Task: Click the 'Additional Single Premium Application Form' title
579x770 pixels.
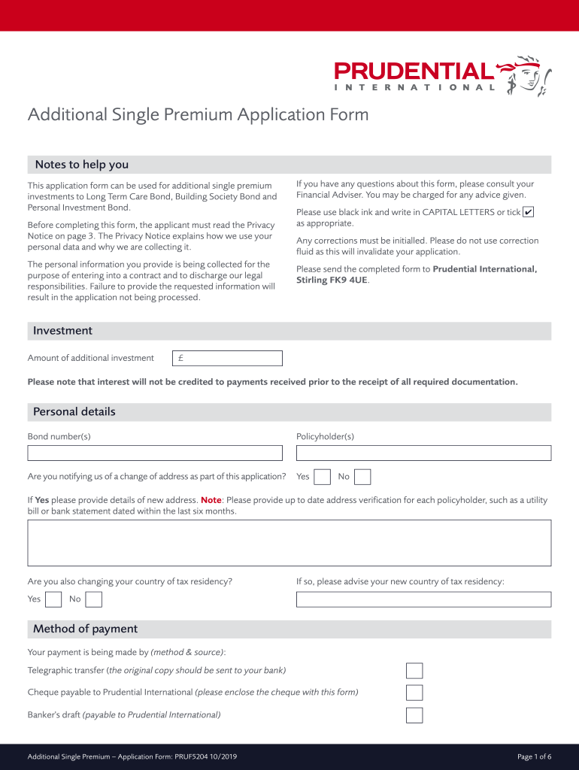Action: click(x=199, y=114)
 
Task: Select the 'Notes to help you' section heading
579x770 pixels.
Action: click(x=82, y=165)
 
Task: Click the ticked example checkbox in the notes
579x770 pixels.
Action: click(x=528, y=213)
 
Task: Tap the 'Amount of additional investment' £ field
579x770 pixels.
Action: click(x=227, y=359)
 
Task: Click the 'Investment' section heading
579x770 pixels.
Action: click(x=62, y=331)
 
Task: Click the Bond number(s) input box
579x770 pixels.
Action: click(x=155, y=453)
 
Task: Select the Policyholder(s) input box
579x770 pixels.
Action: click(x=423, y=453)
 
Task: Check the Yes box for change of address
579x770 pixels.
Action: click(x=322, y=477)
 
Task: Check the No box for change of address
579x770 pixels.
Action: click(x=362, y=477)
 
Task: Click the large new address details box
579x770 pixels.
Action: click(x=289, y=542)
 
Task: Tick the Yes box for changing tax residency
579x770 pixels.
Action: click(x=53, y=599)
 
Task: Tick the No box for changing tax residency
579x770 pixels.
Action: click(x=94, y=599)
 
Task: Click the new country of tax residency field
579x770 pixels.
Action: click(x=423, y=599)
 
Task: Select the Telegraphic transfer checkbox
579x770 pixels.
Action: click(x=414, y=671)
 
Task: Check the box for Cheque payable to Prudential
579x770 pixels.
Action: click(x=414, y=693)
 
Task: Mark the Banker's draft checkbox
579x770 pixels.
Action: click(x=414, y=715)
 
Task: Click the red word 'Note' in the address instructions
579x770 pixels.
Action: click(x=211, y=500)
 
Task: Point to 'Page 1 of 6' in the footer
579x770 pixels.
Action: click(x=535, y=756)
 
